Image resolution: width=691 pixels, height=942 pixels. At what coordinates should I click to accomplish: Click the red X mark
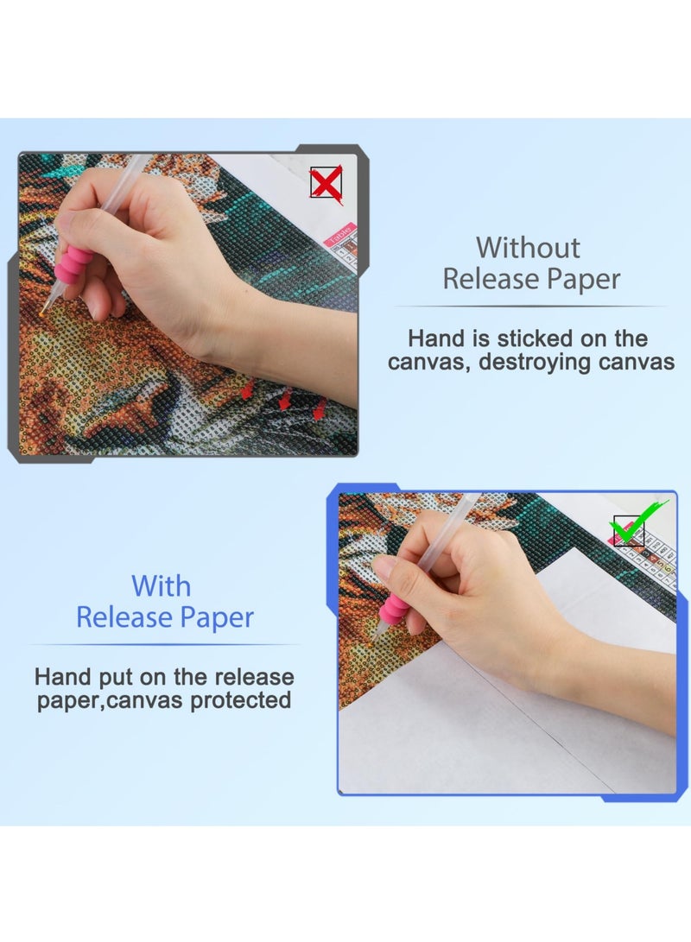coord(326,184)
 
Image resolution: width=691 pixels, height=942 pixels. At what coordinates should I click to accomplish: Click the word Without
coord(528,248)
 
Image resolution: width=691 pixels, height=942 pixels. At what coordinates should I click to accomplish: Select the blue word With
coord(161,586)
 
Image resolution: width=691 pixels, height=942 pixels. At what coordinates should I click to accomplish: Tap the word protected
coord(240,699)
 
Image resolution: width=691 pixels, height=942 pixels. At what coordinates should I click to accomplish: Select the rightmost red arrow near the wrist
coord(320,408)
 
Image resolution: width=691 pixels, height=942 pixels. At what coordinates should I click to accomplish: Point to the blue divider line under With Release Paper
coord(164,644)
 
